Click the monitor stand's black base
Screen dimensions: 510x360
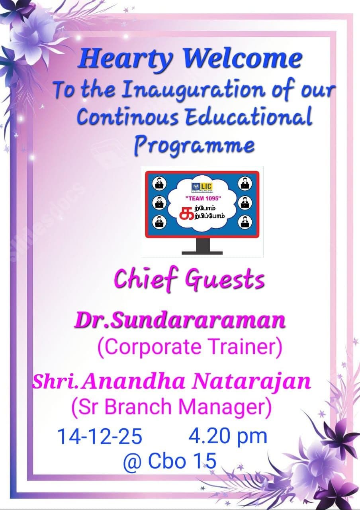(202, 252)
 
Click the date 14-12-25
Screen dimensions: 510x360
(100, 436)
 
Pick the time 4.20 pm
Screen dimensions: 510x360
(227, 435)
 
